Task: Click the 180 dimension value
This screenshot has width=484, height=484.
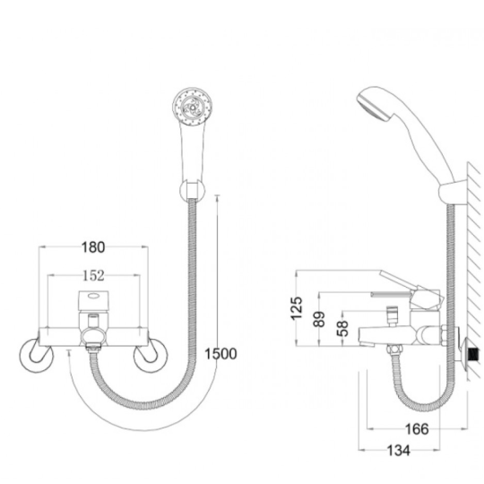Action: (x=93, y=247)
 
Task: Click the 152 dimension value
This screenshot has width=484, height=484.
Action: (x=94, y=275)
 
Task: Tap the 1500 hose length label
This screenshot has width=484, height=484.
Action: (x=220, y=354)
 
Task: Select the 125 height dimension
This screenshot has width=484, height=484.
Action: (x=297, y=308)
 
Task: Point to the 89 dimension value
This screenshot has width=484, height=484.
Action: (x=319, y=319)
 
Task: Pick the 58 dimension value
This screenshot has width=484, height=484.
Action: (x=342, y=328)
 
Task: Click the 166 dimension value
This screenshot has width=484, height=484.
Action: (x=417, y=429)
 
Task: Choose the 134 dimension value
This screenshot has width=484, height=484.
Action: (x=399, y=451)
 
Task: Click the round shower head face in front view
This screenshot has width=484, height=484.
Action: (x=192, y=107)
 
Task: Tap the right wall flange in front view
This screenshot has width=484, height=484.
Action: (x=151, y=355)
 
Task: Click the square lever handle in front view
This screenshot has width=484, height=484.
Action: (x=93, y=300)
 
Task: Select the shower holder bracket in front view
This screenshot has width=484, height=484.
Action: (x=192, y=191)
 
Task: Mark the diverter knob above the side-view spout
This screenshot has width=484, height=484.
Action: (x=392, y=315)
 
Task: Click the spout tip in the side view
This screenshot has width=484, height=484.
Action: (x=367, y=337)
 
